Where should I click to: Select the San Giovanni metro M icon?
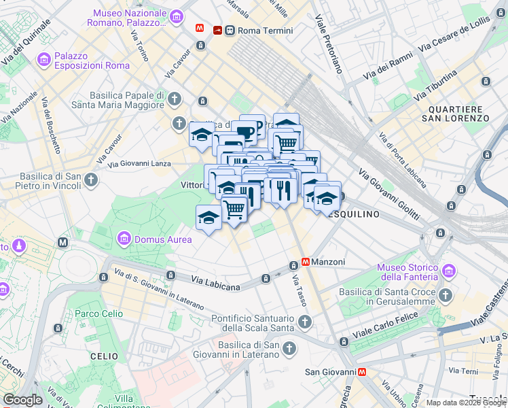pos(363,372)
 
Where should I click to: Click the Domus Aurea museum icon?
pos(124,239)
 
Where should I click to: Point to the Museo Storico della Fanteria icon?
pos(448,272)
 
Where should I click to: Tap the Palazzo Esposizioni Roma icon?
pos(45,60)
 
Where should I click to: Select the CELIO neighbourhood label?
pos(105,356)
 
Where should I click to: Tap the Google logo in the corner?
pos(22,400)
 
